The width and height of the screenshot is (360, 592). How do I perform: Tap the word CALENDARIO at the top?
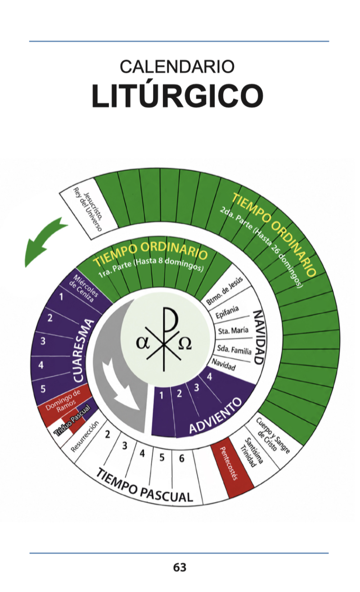(x=177, y=67)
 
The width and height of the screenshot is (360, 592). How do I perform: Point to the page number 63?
(x=180, y=567)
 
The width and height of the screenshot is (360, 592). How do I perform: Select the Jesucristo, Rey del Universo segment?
(x=89, y=209)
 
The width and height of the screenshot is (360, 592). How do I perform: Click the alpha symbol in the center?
(x=143, y=343)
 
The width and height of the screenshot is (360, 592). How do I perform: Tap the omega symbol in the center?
(x=185, y=344)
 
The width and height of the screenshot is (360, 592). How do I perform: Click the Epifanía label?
(x=227, y=312)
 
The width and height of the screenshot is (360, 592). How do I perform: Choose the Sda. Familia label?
(x=234, y=350)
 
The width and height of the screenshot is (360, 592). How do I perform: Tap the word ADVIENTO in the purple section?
(x=216, y=415)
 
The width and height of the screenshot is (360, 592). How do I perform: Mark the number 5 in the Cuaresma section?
(x=43, y=389)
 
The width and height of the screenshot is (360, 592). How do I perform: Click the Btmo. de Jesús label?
(x=225, y=291)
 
